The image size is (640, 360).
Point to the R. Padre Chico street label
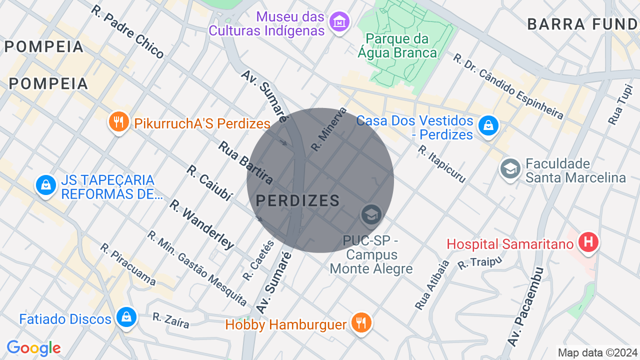coord(127,32)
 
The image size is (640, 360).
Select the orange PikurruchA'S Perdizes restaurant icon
coord(118,122)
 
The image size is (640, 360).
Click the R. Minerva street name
coord(328,129)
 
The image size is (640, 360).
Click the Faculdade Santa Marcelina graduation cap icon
coord(510,168)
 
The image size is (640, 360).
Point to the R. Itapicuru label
coord(442,164)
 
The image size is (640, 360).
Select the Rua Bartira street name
coord(245,162)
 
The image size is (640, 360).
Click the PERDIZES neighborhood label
coord(298,201)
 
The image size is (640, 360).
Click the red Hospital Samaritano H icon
coord(588,242)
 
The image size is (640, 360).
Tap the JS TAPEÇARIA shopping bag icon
coord(45,185)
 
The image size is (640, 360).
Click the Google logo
coord(33,348)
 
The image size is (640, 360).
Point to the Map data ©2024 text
coord(598,352)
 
